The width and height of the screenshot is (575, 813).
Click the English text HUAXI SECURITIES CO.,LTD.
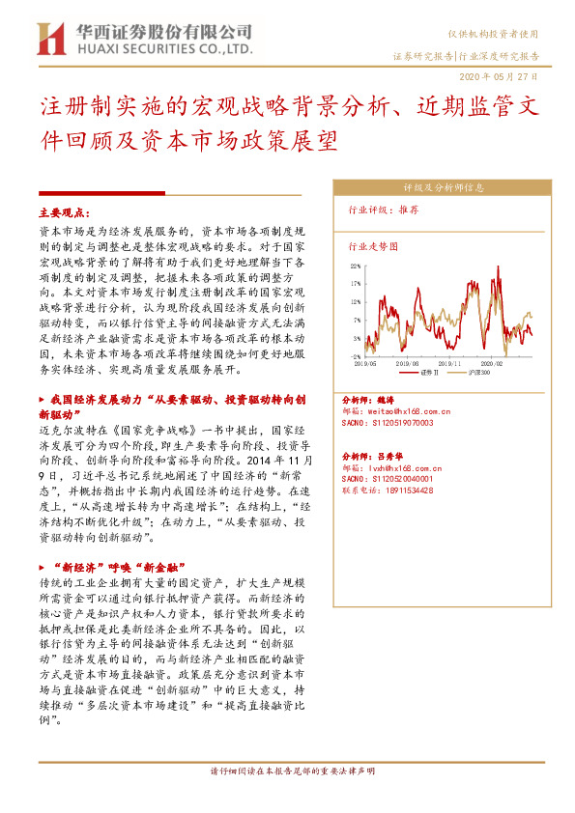(164, 47)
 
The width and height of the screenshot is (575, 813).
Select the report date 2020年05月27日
(498, 75)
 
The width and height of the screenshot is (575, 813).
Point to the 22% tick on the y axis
(357, 266)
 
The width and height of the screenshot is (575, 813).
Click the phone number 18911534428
(406, 490)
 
